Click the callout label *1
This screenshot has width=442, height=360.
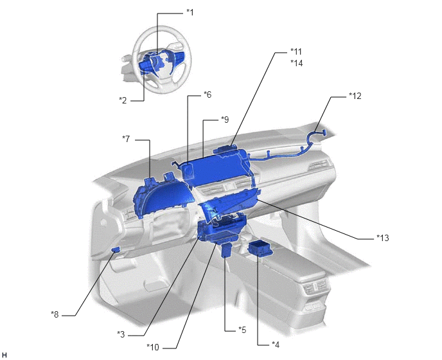point(190,12)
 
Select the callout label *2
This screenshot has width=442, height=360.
point(123,100)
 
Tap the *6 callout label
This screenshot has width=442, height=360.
point(208,94)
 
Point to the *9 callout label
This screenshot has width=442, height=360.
point(225,120)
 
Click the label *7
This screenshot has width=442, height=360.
point(126,139)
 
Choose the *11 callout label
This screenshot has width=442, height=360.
point(296,51)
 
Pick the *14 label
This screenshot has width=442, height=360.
point(297,63)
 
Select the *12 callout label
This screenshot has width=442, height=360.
point(355,96)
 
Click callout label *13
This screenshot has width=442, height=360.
point(383,238)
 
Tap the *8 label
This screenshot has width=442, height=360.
point(55,314)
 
